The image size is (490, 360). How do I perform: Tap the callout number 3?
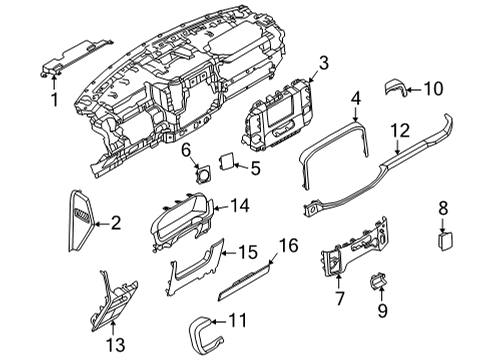(323, 64)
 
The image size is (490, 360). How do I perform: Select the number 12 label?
(400, 130)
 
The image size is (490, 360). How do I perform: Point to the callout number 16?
(288, 244)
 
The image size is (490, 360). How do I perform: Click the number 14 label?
(239, 206)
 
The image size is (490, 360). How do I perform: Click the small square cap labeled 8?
(445, 240)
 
